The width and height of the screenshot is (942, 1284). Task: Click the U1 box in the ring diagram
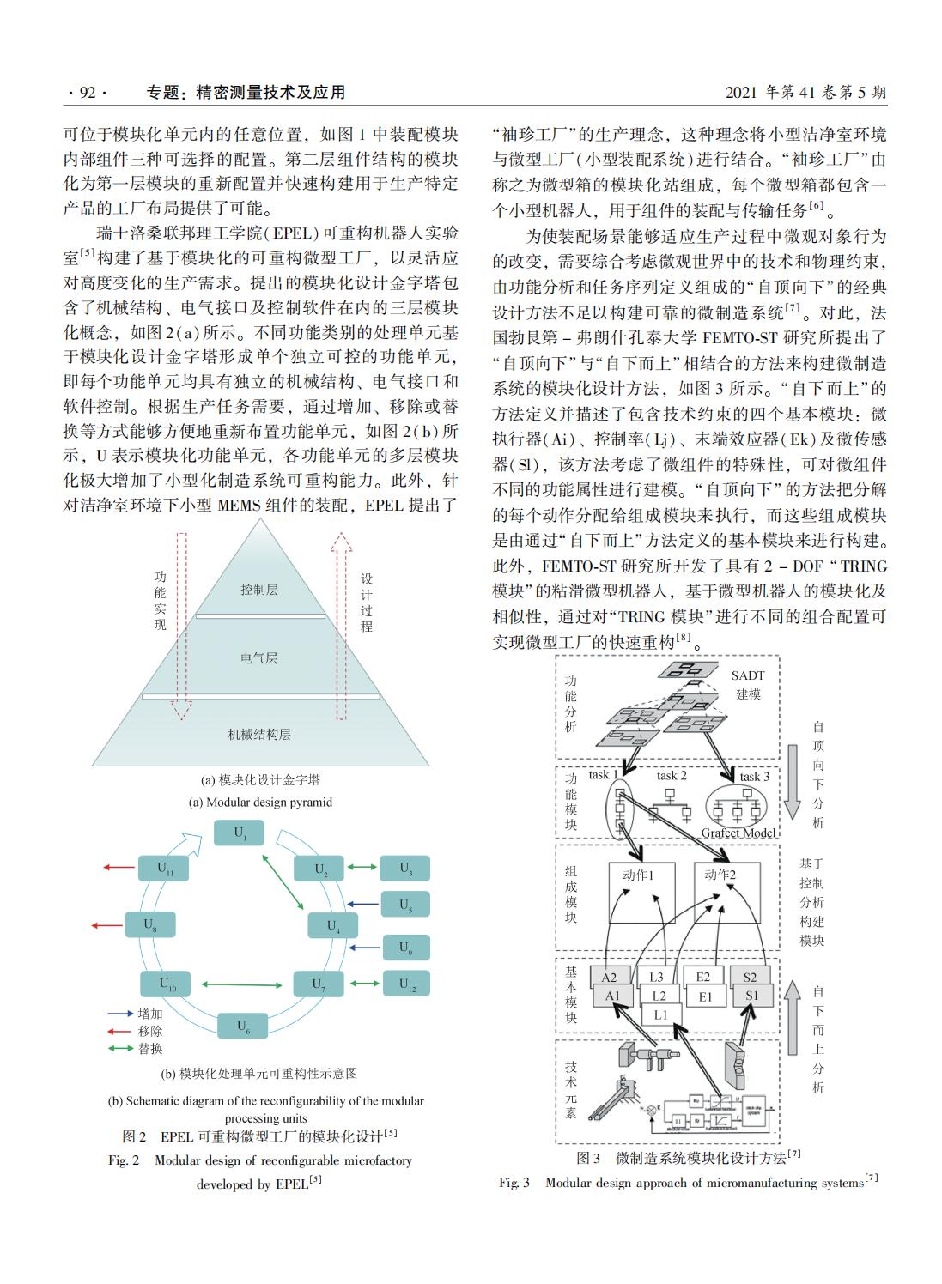click(239, 833)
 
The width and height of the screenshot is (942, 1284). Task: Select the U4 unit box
click(332, 926)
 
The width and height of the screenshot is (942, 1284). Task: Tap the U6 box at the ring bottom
click(243, 1025)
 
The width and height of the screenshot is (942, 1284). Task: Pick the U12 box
click(405, 984)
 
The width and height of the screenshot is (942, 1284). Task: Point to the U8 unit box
click(151, 925)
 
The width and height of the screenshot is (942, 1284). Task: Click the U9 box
click(405, 948)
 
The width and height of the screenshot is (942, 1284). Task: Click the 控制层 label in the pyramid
click(259, 590)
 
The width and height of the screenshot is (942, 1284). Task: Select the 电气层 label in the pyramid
click(259, 658)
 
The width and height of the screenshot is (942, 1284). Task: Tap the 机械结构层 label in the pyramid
click(259, 735)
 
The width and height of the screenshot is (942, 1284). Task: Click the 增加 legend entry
click(149, 1014)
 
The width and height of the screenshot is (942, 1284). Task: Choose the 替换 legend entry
click(149, 1048)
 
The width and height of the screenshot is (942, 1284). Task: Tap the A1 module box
click(611, 996)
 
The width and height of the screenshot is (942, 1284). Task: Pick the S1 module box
click(752, 996)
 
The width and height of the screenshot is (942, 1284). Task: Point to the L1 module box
click(659, 1014)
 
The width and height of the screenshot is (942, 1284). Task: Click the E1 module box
click(706, 996)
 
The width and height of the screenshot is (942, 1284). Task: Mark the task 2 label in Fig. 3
click(672, 776)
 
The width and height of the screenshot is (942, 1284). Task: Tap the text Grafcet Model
click(738, 833)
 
